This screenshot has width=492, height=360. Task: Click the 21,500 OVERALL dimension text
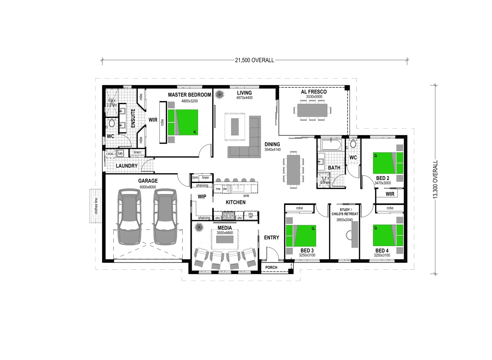tap(254, 60)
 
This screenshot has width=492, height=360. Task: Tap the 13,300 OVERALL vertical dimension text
tap(435, 180)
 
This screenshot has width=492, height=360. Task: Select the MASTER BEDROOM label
tap(189, 95)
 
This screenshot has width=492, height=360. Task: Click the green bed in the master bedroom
tap(183, 122)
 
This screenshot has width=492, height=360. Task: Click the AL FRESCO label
tap(314, 92)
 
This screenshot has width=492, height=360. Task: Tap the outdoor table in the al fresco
tap(312, 110)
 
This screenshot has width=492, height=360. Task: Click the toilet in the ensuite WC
tap(112, 124)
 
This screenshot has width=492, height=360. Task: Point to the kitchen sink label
tap(246, 196)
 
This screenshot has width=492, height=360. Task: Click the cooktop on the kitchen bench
tap(229, 215)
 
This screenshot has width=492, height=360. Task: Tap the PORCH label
tap(271, 267)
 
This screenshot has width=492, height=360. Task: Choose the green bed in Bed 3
tap(301, 236)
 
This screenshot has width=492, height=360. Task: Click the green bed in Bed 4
tap(388, 235)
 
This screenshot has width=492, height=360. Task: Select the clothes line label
tap(96, 206)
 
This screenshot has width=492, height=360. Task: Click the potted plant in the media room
tap(199, 228)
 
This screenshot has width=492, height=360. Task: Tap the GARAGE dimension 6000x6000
tap(148, 187)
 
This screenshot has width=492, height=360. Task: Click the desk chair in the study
tap(348, 235)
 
